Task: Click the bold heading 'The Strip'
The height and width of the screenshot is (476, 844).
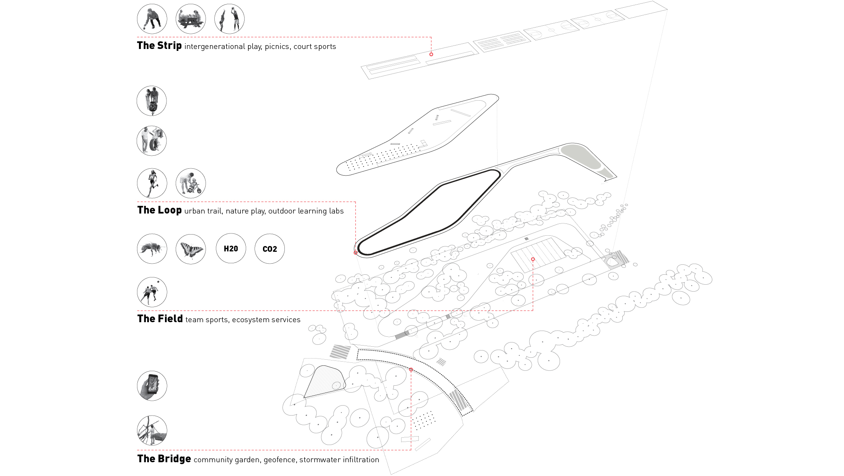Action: (159, 46)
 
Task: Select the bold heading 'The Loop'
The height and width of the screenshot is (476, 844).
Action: (159, 210)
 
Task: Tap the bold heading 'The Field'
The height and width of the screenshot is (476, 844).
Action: (160, 319)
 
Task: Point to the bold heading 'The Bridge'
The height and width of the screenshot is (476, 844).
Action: (164, 459)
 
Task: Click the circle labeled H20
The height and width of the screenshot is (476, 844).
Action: (231, 249)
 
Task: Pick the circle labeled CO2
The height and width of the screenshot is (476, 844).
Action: (269, 249)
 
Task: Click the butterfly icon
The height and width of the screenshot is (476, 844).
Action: (191, 249)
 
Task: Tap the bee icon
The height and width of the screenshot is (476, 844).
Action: (152, 249)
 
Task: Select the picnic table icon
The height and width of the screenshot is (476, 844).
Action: (191, 19)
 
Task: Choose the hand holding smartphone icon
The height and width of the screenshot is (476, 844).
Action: (152, 386)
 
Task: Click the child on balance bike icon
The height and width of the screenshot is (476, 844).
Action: (191, 183)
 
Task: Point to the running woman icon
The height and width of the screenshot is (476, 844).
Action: (152, 183)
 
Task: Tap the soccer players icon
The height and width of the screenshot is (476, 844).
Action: (152, 292)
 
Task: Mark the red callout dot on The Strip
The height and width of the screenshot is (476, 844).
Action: (431, 54)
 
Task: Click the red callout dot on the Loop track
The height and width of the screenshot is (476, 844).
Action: (356, 253)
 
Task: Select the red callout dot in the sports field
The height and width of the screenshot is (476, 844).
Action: (533, 259)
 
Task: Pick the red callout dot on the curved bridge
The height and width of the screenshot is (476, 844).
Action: (411, 370)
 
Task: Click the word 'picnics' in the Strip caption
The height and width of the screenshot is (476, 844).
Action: (277, 47)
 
